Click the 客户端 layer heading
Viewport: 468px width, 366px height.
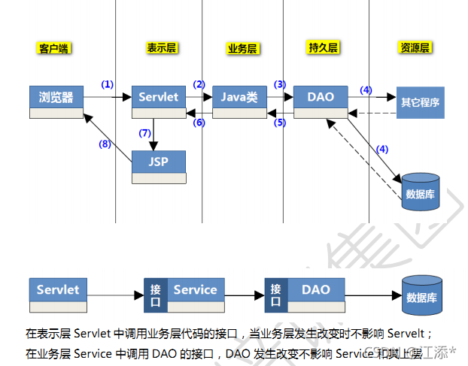coord(53,48)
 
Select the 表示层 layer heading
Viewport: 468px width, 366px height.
coord(161,48)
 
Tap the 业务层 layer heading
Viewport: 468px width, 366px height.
coord(242,48)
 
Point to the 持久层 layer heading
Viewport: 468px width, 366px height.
coord(323,48)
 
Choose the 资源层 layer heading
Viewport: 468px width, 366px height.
coord(415,48)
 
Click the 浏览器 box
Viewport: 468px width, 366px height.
coord(56,98)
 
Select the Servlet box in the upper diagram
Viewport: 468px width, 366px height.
coord(159,98)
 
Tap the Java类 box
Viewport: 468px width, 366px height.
coord(239,98)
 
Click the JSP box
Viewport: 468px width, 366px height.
coord(159,162)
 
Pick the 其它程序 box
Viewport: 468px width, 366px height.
coord(421,101)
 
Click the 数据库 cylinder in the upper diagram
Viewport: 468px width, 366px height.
coord(420,191)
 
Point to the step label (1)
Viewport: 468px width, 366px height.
coord(107,84)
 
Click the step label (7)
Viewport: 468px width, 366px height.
coord(145,133)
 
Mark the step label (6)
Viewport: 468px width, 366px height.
coord(199,122)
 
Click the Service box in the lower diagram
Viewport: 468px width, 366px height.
coord(195,290)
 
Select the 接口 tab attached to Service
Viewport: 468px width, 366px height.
coord(156,295)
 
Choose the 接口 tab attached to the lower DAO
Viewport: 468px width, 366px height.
coord(276,295)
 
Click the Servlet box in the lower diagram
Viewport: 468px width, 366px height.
coord(58,290)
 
